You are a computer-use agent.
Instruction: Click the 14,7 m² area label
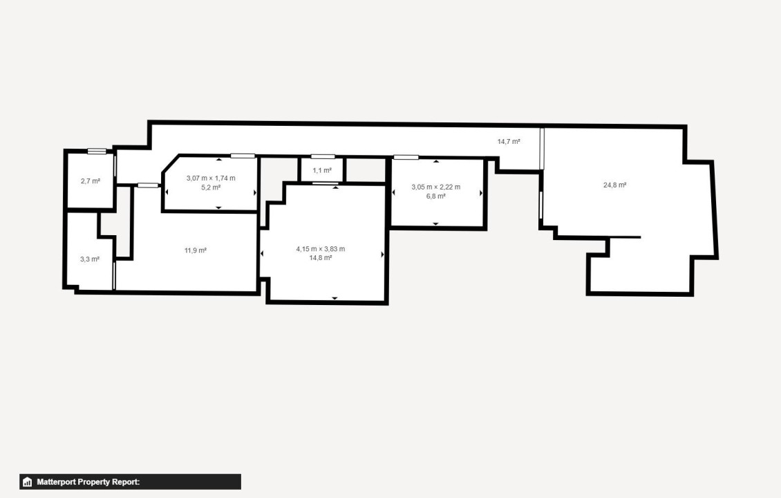click(x=509, y=142)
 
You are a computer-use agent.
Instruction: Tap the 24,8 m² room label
click(x=614, y=185)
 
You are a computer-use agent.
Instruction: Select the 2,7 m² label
click(x=90, y=181)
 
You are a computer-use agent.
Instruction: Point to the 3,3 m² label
click(x=90, y=259)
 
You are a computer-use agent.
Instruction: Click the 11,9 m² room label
click(x=195, y=250)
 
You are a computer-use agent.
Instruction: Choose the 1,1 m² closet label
click(x=322, y=170)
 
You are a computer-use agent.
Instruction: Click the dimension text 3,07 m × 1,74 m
click(x=211, y=178)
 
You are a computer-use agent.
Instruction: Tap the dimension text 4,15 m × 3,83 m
click(x=320, y=249)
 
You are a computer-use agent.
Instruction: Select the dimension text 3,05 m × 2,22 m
click(x=436, y=187)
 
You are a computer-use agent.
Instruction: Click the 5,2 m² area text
click(x=211, y=187)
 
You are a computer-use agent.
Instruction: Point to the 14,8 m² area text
click(x=320, y=258)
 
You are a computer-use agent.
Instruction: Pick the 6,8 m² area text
click(x=436, y=196)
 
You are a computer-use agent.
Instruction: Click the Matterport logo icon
click(x=28, y=482)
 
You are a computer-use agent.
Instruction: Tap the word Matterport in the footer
click(x=56, y=482)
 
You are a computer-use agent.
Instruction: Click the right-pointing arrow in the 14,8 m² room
click(x=382, y=255)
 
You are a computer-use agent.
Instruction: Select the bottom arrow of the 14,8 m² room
click(x=335, y=298)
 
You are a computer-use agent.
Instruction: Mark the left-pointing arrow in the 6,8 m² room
click(x=393, y=192)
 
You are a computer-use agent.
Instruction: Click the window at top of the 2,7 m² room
click(x=97, y=151)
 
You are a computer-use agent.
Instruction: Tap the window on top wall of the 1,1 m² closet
click(x=323, y=156)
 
